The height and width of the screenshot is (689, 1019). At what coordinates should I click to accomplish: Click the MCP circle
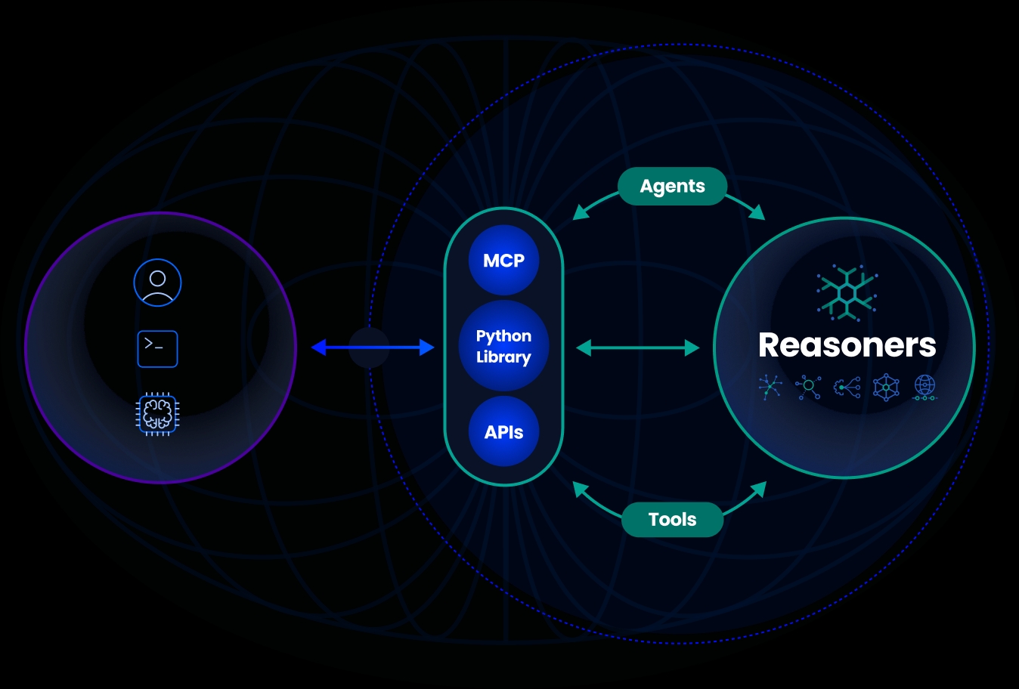point(503,261)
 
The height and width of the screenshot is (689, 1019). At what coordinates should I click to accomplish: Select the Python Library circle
point(503,346)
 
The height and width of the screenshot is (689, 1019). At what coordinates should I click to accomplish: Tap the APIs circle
point(503,432)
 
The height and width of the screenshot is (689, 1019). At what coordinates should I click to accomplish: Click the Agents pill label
point(672,187)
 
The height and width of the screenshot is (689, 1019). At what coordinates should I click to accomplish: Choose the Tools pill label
point(672,519)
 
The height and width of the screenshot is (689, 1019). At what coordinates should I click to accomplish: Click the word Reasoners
point(847,345)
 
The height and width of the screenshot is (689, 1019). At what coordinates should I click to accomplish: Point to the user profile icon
point(157,283)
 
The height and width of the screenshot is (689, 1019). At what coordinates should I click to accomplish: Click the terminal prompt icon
point(157,349)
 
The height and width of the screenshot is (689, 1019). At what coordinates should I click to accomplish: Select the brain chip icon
point(157,414)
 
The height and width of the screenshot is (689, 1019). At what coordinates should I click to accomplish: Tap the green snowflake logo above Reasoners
point(847,292)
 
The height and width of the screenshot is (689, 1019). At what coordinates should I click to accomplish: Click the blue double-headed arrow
point(373,348)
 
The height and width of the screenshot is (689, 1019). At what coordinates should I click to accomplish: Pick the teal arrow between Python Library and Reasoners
point(638,348)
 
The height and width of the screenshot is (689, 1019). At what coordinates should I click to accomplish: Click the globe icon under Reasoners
point(925,387)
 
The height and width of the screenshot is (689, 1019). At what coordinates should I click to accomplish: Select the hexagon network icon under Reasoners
point(886,387)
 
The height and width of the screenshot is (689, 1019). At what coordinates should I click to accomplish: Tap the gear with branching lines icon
point(847,388)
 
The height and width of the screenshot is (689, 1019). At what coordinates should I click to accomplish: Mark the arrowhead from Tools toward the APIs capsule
point(580,490)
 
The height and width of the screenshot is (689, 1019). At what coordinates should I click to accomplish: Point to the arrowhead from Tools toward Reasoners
point(758,490)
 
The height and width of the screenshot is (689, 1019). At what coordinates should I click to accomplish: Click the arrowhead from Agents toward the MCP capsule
point(581,212)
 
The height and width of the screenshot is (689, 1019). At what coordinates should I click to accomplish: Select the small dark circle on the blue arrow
point(369,348)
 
